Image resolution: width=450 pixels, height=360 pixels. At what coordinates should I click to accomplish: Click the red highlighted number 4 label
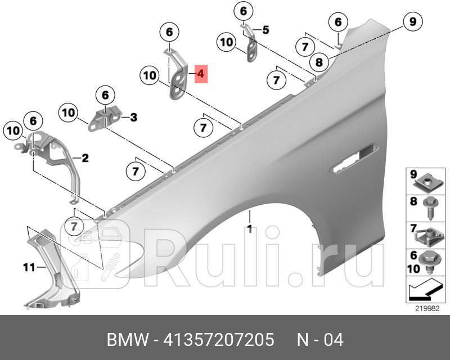coord(201,74)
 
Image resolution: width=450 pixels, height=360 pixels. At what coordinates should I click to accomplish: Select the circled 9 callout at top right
coord(412,22)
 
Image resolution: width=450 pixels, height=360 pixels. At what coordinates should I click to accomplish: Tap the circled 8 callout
coord(319,62)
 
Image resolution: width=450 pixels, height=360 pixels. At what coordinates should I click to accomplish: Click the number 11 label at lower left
coord(28,267)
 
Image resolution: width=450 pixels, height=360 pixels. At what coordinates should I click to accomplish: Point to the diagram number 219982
coord(426,308)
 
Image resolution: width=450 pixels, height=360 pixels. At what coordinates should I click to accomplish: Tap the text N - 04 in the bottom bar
coord(319,340)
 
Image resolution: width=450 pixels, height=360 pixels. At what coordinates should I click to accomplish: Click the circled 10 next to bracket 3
coord(69,113)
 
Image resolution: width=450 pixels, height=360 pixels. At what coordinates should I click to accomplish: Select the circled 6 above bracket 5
coord(243,11)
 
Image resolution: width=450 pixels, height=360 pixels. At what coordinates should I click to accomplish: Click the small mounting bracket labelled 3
coord(102,119)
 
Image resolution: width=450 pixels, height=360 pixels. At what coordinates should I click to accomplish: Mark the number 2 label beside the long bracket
coord(85,158)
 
